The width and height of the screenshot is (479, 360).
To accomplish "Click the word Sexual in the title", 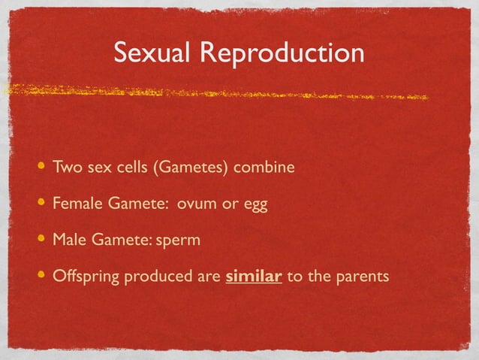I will [146, 53].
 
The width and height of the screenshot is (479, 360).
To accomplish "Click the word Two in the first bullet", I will [65, 167].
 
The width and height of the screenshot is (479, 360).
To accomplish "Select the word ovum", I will [197, 204].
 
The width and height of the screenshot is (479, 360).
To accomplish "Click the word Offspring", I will [86, 277].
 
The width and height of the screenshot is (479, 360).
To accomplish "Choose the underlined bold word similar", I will [254, 276].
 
